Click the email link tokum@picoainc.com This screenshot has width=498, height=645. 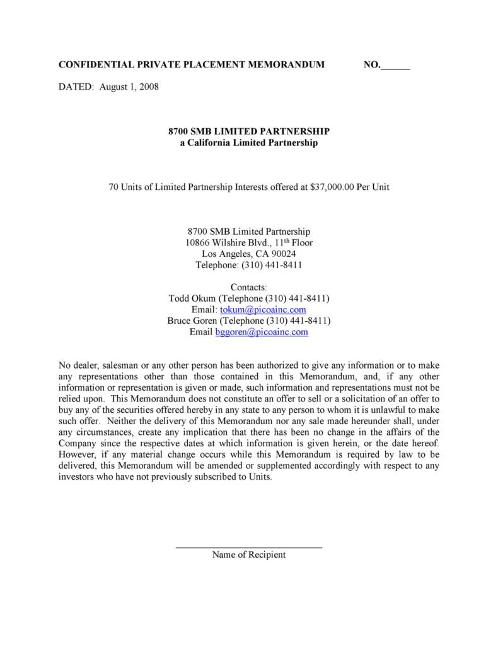tap(263, 310)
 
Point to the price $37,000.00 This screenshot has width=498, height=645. tap(332, 187)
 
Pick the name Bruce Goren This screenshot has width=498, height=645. tap(192, 321)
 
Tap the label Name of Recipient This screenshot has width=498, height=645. tap(248, 555)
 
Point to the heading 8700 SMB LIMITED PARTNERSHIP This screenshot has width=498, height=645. tap(248, 131)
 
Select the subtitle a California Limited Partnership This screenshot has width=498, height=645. tap(248, 143)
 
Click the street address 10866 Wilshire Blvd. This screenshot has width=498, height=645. tap(233, 243)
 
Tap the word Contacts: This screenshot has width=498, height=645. tap(248, 287)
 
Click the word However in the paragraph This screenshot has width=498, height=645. tap(78, 454)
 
